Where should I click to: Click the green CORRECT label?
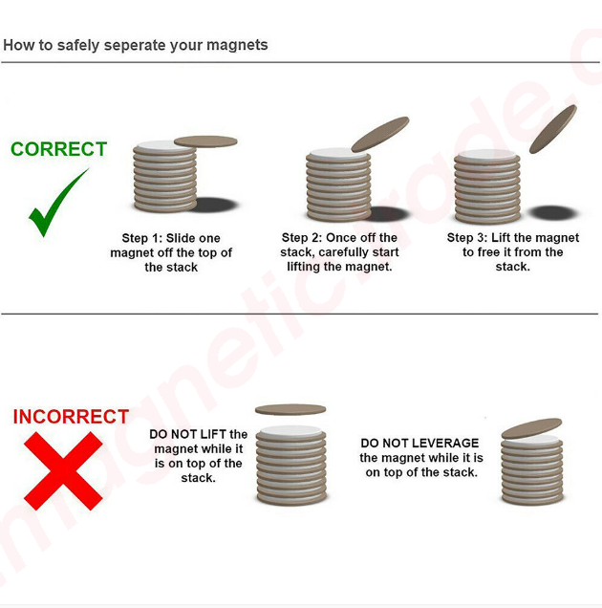point(58,149)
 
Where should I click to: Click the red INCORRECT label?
point(71,417)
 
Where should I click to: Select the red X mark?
point(63,470)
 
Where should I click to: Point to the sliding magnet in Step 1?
point(205,141)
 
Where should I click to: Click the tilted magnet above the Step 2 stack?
point(380,134)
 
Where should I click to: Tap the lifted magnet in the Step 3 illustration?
point(553,129)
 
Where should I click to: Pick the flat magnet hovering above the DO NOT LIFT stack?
point(290,409)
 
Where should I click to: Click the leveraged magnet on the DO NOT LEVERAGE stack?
point(531,428)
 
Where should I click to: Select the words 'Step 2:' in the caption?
point(302,237)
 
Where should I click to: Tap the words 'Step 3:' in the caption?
point(467,237)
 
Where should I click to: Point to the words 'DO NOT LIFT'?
point(187,434)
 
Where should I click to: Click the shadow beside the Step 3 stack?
point(554,213)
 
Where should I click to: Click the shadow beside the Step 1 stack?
point(216,205)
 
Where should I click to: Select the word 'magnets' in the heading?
point(237,45)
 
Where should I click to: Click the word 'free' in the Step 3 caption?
point(489,252)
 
